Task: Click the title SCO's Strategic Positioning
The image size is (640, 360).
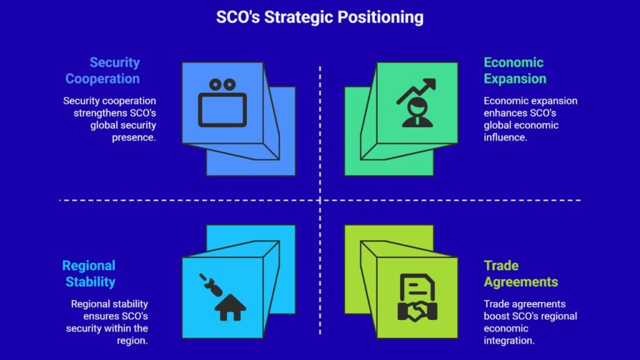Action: [x=319, y=17]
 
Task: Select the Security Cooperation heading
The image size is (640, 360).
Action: [x=102, y=70]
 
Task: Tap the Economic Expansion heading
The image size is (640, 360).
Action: [x=515, y=70]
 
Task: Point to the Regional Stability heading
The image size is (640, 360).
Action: [x=89, y=274]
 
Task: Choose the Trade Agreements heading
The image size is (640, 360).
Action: [x=521, y=274]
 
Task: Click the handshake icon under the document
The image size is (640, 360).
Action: [x=417, y=312]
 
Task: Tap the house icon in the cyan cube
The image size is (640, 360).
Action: [x=230, y=307]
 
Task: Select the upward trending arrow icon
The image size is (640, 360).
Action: [x=416, y=90]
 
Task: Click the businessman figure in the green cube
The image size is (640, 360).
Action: [x=417, y=112]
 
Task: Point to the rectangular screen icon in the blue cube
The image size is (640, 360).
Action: [x=222, y=110]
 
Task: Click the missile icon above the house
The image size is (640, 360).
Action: [x=211, y=284]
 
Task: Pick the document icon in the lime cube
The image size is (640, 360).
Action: [x=417, y=287]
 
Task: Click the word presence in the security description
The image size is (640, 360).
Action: [x=134, y=137]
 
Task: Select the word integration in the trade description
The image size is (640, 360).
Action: [x=509, y=341]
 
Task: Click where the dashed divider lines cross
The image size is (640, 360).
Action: [x=320, y=201]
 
